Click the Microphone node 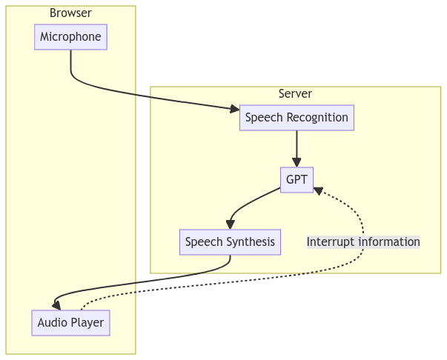coord(70,37)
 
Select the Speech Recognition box coord(297,118)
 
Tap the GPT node coord(297,180)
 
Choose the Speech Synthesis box coord(230,241)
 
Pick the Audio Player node coord(71,323)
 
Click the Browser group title coord(70,13)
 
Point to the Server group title coord(295,93)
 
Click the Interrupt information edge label coord(363,241)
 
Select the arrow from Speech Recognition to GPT coord(297,148)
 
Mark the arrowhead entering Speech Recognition coord(235,110)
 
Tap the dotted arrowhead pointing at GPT coord(318,190)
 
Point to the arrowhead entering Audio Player coord(56,304)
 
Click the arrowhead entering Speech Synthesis coord(231,225)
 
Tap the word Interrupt coord(330,241)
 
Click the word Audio coord(53,323)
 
